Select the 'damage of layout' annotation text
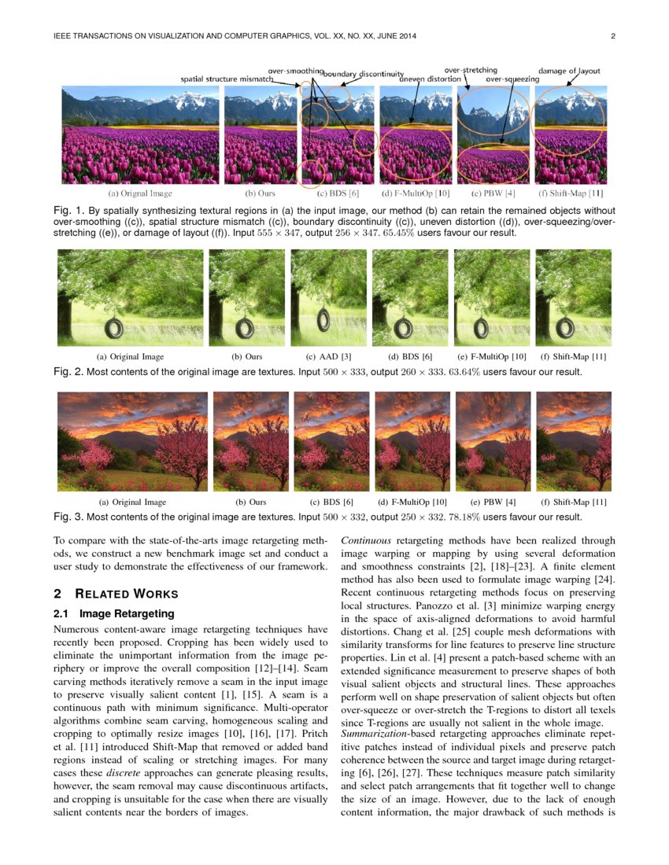569,71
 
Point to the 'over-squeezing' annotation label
512,79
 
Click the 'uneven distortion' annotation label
430,79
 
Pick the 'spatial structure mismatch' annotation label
227,79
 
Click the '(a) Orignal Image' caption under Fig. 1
140,193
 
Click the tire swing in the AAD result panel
323,319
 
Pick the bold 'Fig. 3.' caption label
68,517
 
